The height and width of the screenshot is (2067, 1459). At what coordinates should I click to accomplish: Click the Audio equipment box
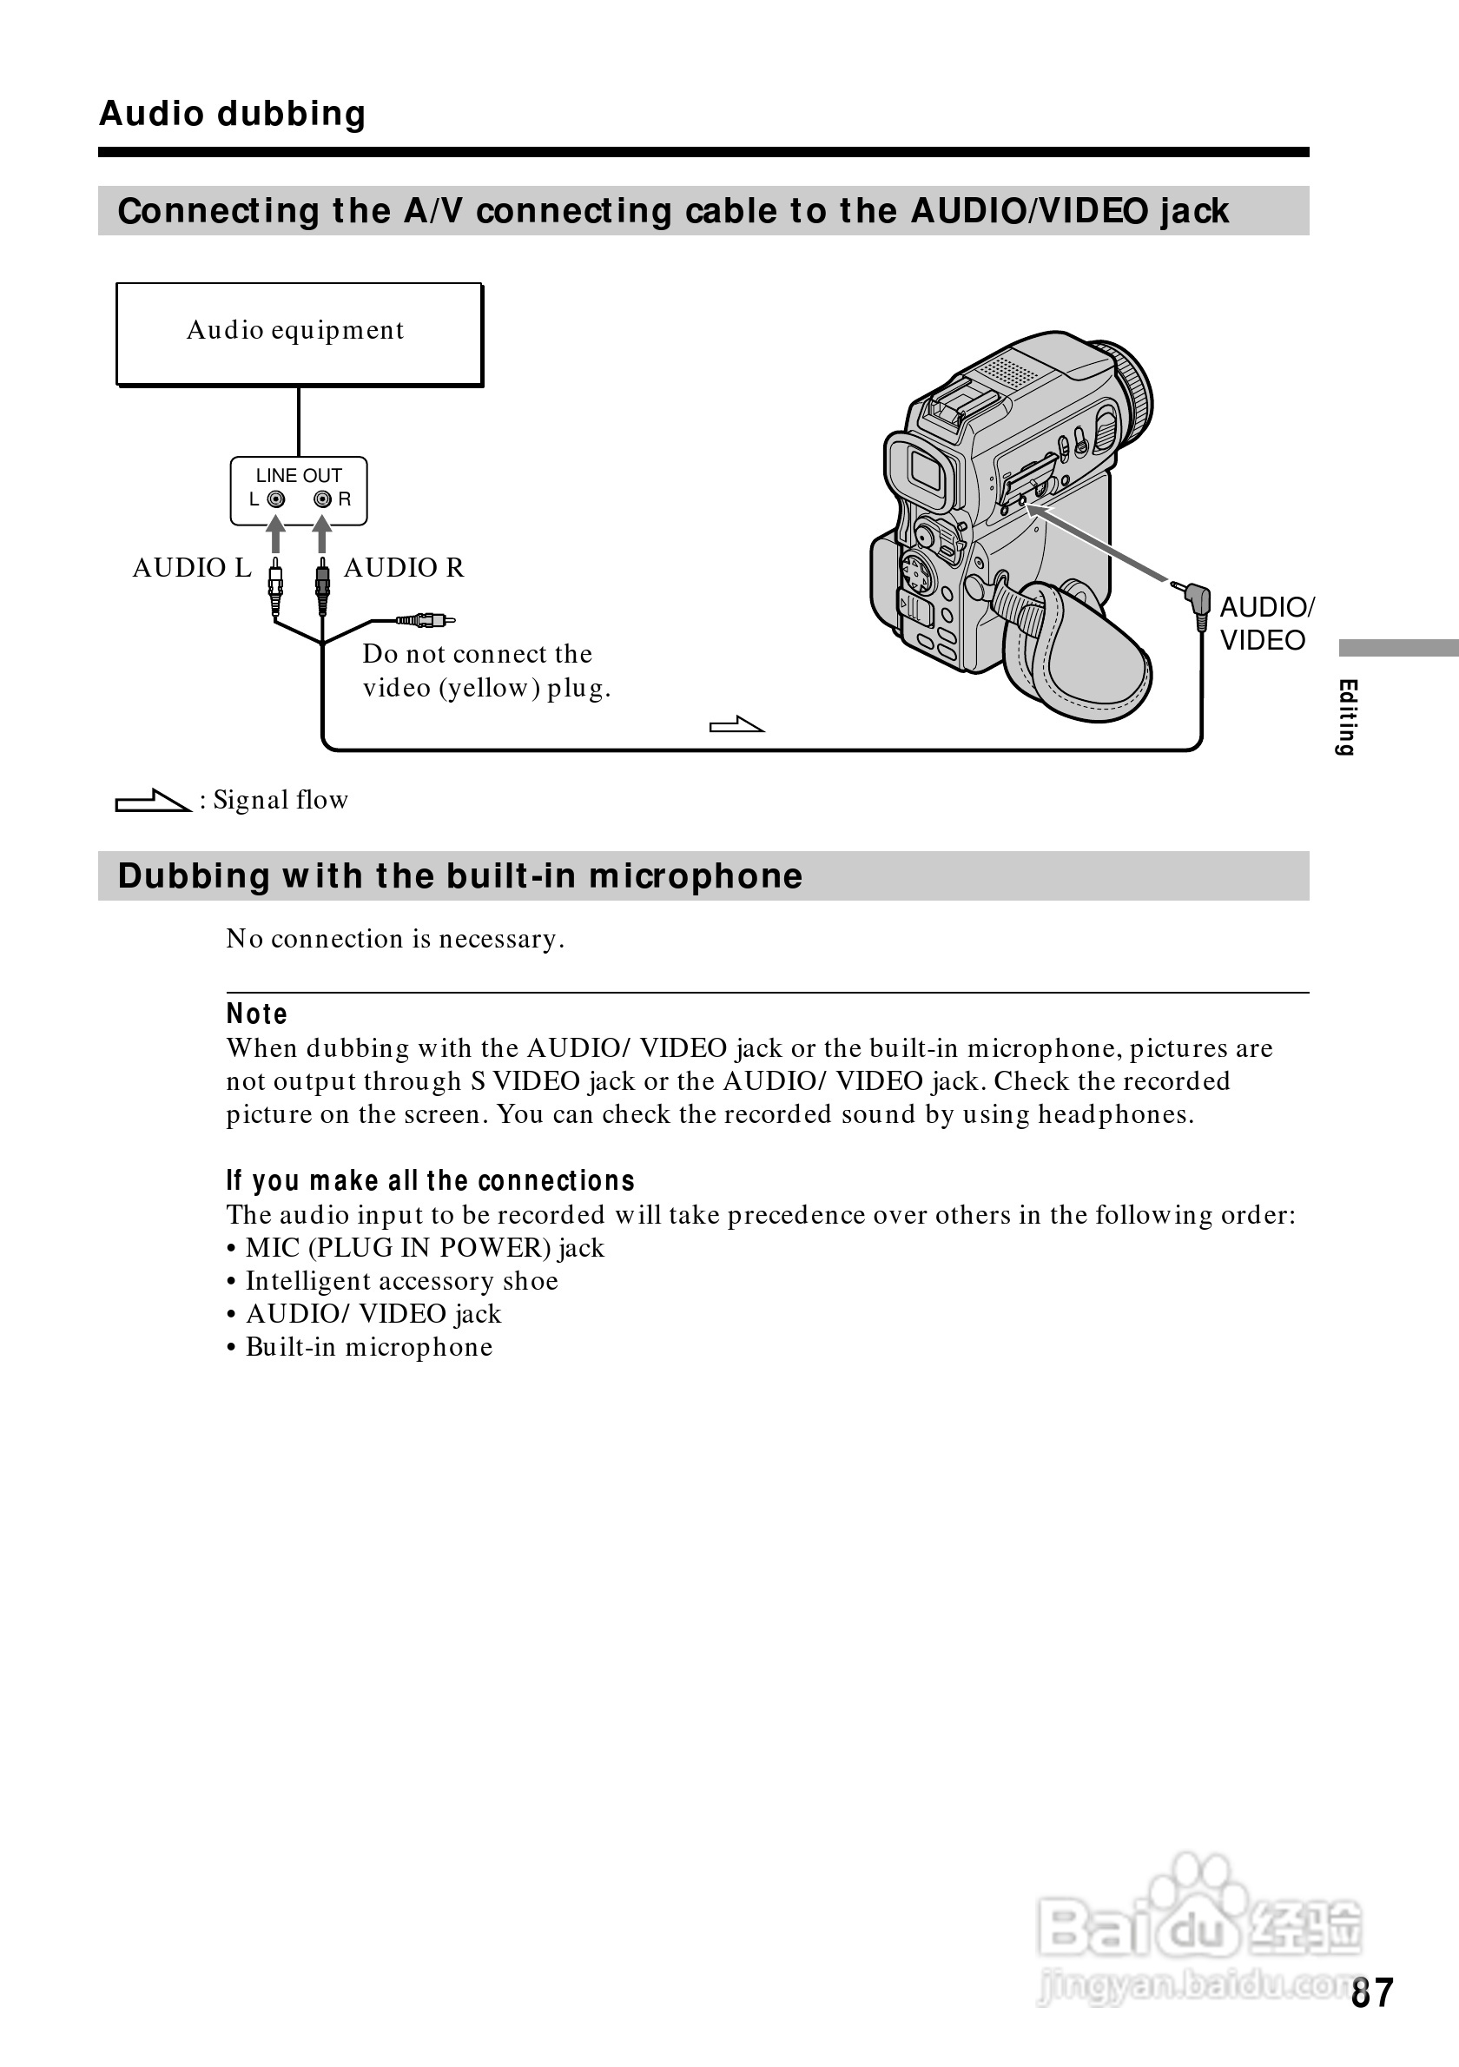coord(298,334)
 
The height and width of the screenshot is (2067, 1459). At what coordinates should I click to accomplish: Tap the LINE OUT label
coord(298,475)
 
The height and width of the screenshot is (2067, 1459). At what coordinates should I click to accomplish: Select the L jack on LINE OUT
coord(276,499)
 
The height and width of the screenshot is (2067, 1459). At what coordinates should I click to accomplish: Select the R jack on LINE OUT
coord(322,499)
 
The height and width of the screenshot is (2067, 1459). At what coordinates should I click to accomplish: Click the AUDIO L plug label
coord(192,568)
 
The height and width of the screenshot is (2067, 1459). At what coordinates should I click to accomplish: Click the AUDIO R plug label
coord(403,568)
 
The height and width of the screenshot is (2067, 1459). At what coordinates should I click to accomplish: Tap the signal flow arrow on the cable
coord(736,724)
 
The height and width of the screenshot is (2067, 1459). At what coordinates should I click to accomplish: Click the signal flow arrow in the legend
coord(152,801)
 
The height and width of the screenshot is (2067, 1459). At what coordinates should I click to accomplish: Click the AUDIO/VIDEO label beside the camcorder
coord(1264,623)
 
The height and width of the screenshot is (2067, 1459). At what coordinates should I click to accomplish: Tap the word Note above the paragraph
coord(256,1014)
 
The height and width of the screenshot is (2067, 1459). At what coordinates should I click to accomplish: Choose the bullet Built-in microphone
coord(369,1347)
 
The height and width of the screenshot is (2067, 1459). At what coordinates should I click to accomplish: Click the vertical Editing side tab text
coord(1346,717)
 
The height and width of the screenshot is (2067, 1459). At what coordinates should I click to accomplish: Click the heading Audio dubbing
coord(232,115)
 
